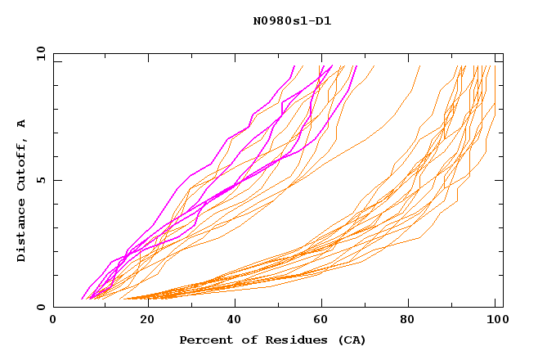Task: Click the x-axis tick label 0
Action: (x=53, y=321)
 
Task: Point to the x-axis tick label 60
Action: (x=325, y=321)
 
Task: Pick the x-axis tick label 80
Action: (x=414, y=321)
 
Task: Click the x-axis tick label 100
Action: (x=495, y=321)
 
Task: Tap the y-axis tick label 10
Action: (x=39, y=52)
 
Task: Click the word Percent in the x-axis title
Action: (x=203, y=340)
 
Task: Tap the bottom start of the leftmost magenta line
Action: (x=82, y=299)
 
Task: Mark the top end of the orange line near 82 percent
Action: (x=419, y=66)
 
